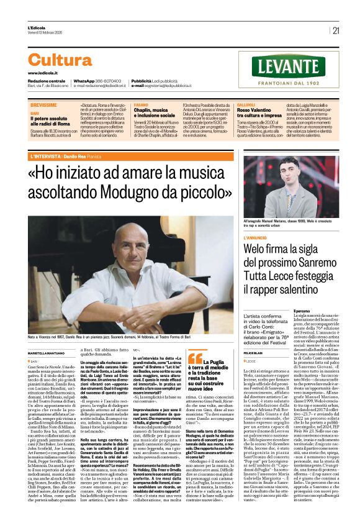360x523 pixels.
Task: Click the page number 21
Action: tap(336, 30)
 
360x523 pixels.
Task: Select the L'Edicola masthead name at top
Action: tap(37, 28)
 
